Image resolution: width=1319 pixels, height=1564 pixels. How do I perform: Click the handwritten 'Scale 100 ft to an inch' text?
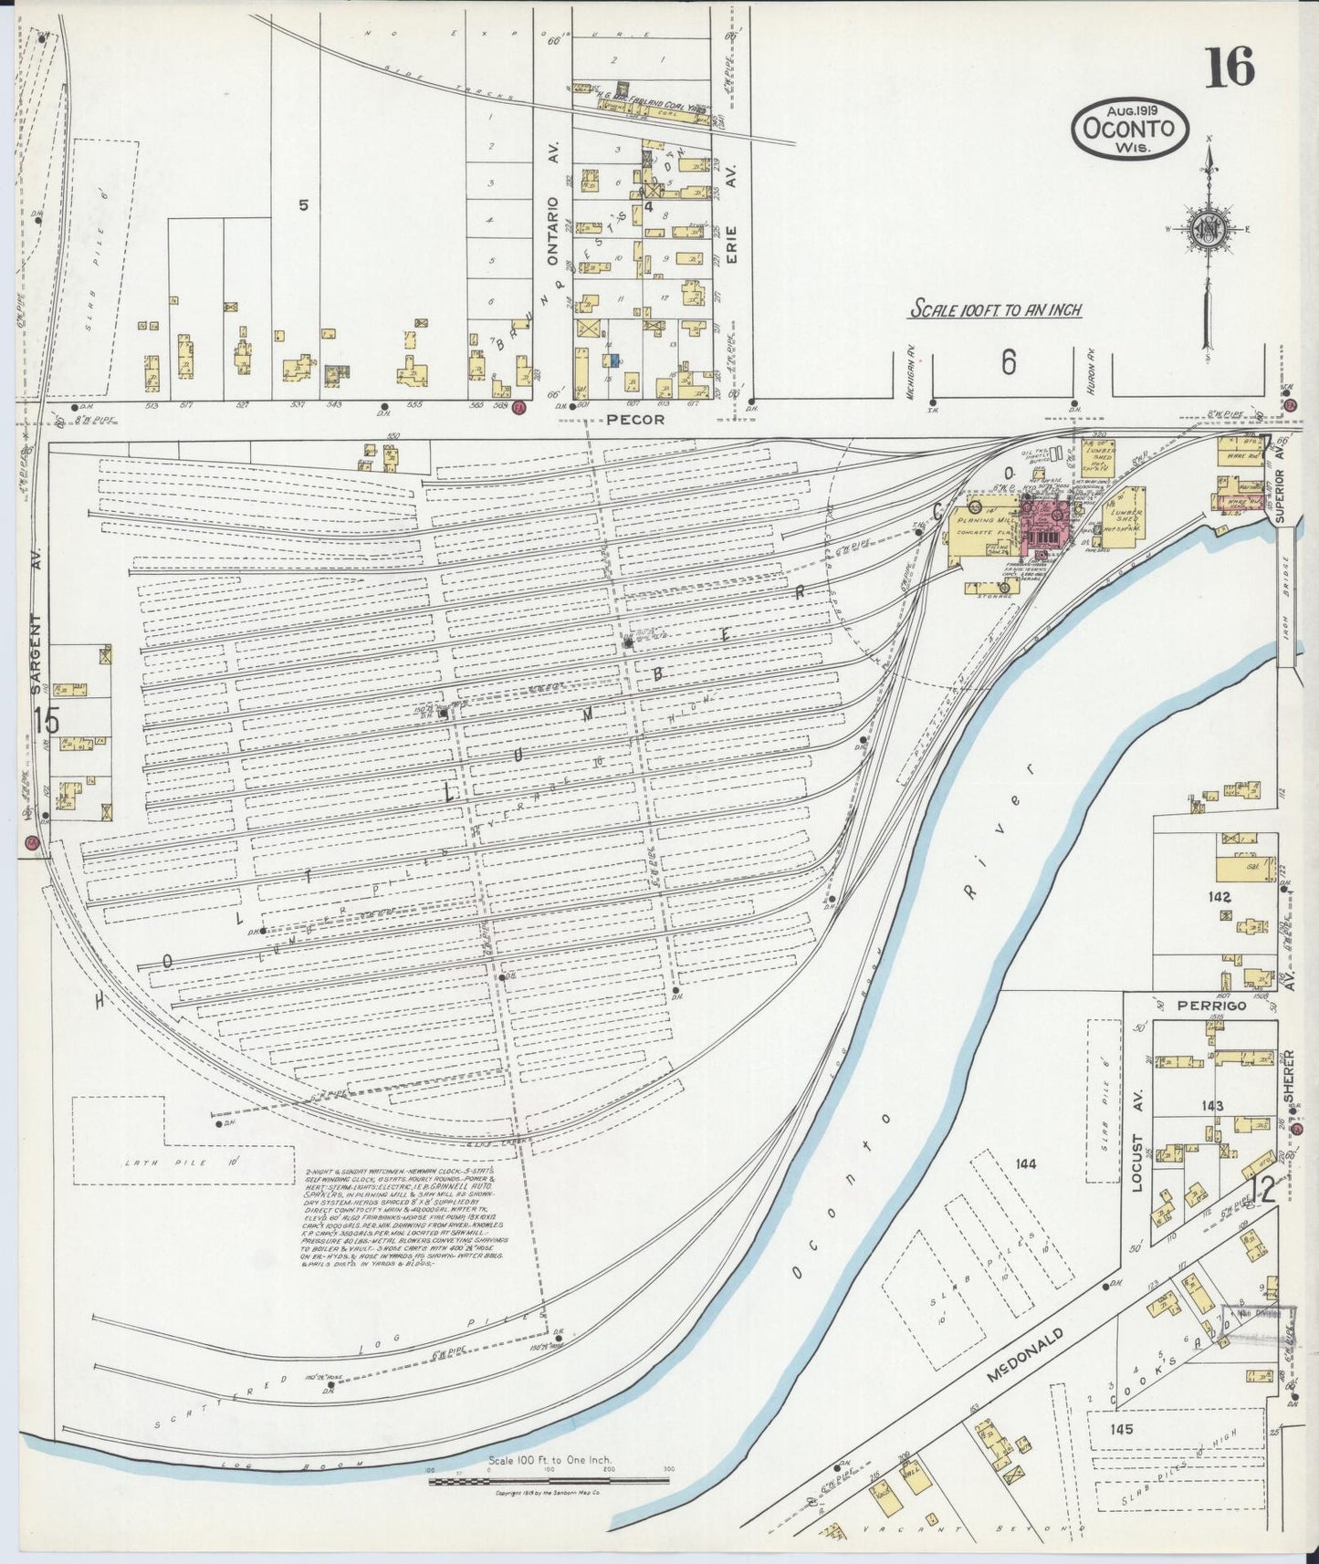995,309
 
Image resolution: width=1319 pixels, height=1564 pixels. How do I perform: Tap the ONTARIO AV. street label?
551,204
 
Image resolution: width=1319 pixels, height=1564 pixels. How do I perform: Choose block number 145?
1122,1428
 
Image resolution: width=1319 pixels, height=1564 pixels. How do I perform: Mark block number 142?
1220,897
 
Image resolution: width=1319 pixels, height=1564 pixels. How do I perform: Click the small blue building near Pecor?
615,360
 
